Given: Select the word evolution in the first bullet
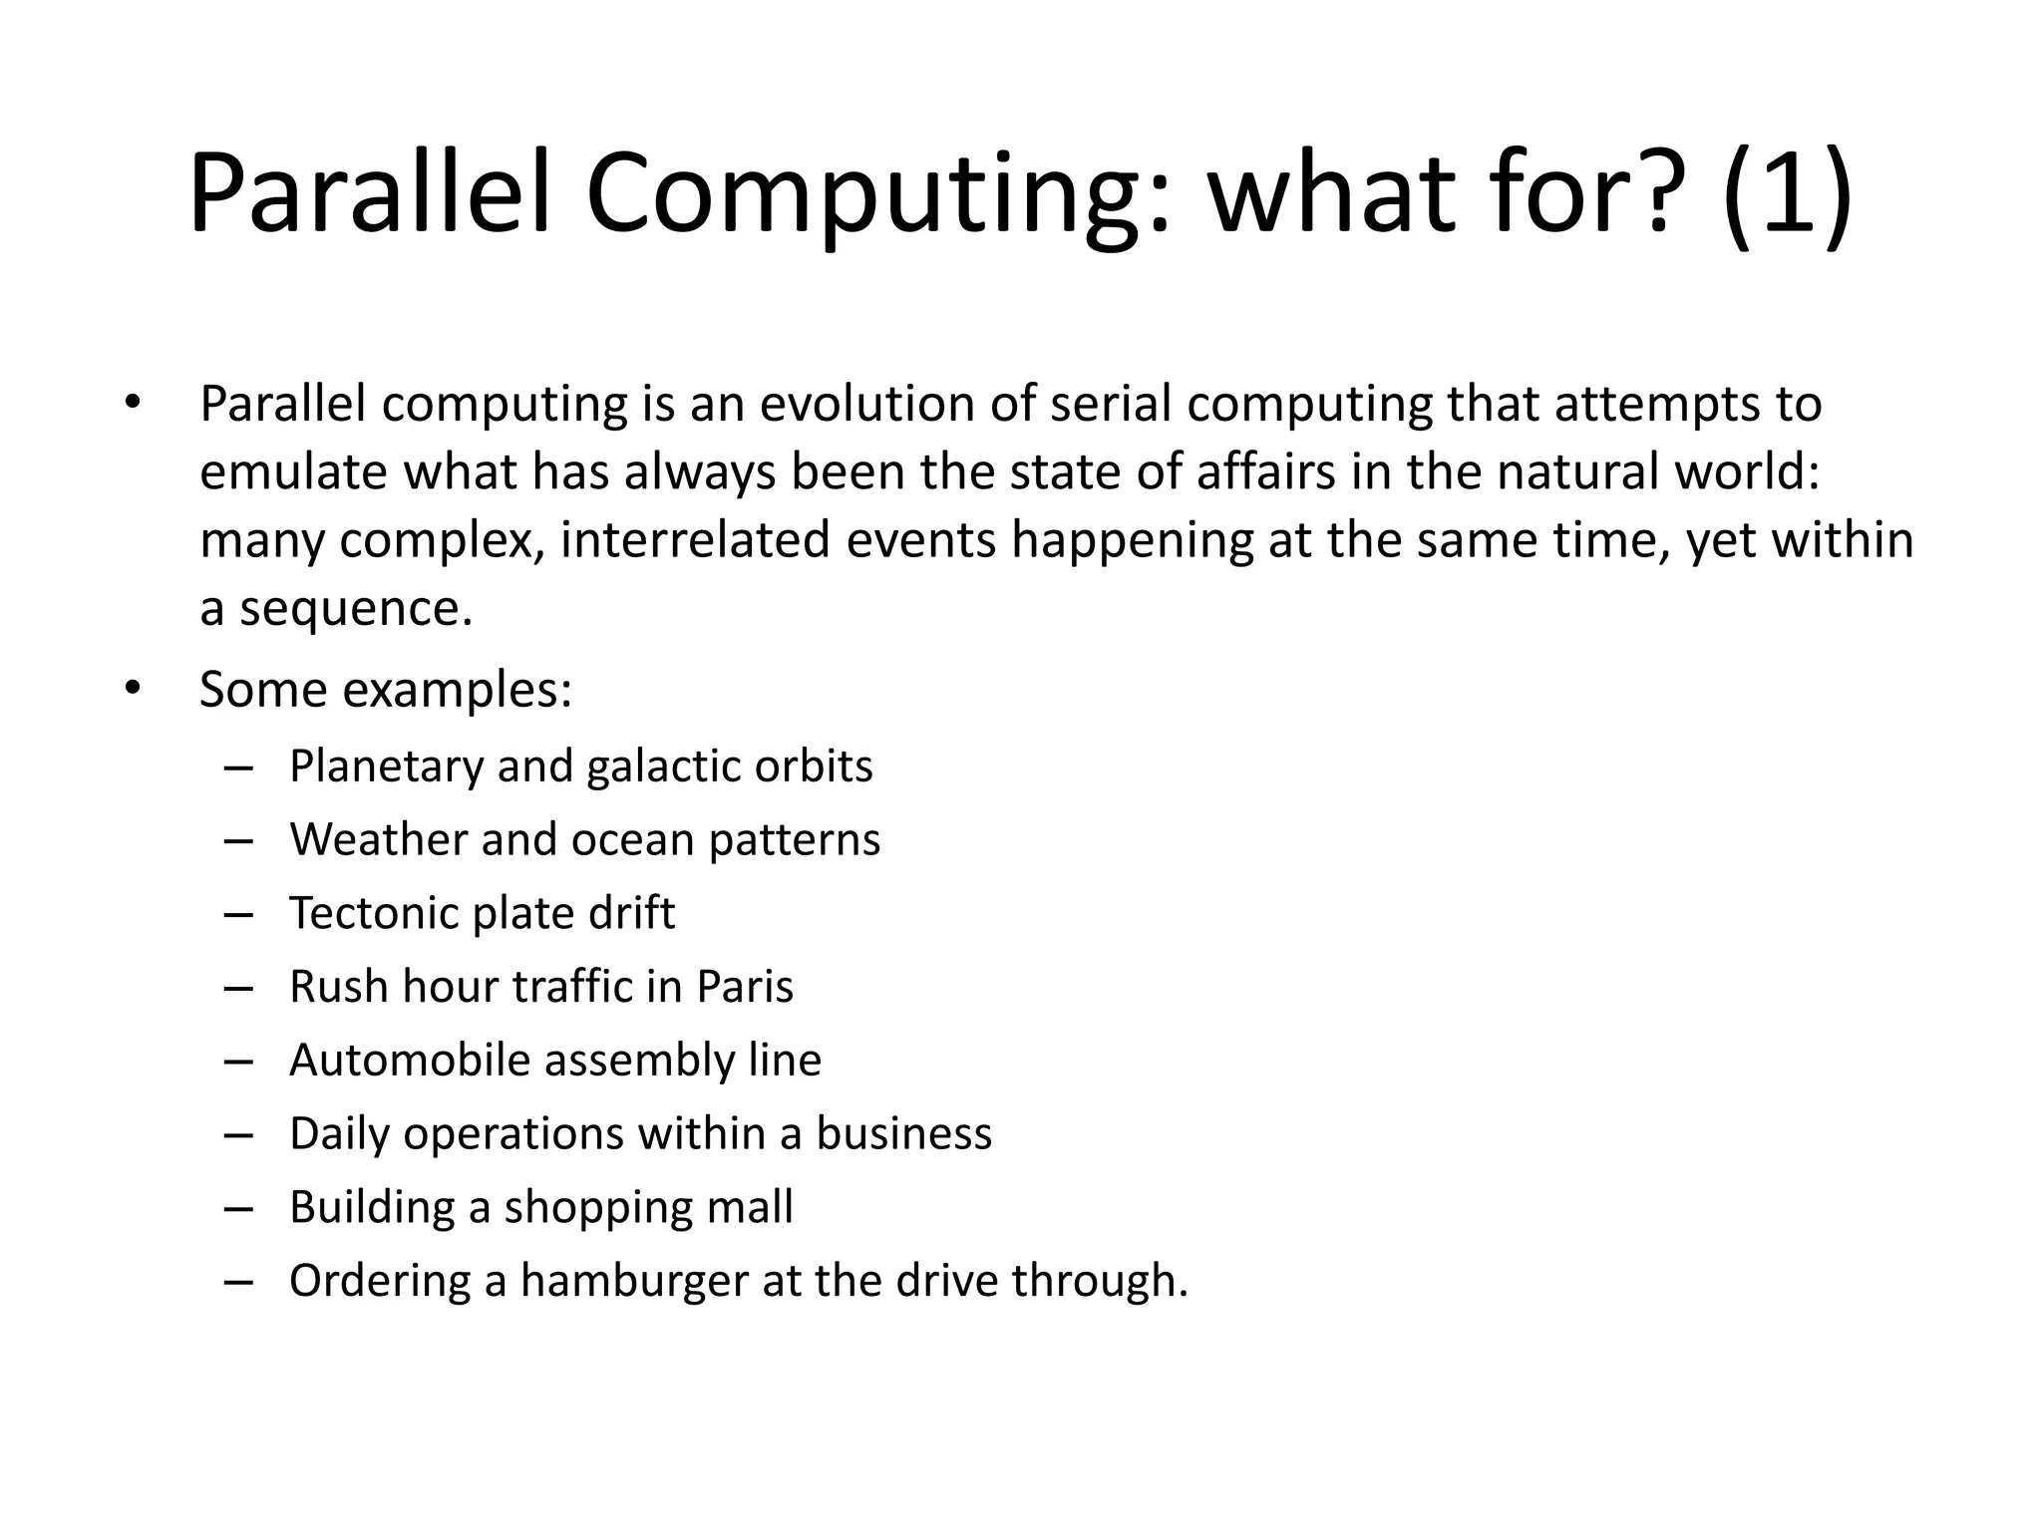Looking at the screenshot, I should (866, 404).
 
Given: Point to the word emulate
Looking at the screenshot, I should (293, 471).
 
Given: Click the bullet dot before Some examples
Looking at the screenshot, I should (134, 689).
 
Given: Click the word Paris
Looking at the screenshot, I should (744, 987).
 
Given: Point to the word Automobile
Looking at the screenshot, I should (409, 1060).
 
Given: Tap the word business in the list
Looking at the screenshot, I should (903, 1133).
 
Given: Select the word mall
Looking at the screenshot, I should (749, 1207).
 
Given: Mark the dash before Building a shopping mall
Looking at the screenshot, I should (239, 1208).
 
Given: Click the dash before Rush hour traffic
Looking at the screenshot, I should (239, 988).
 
